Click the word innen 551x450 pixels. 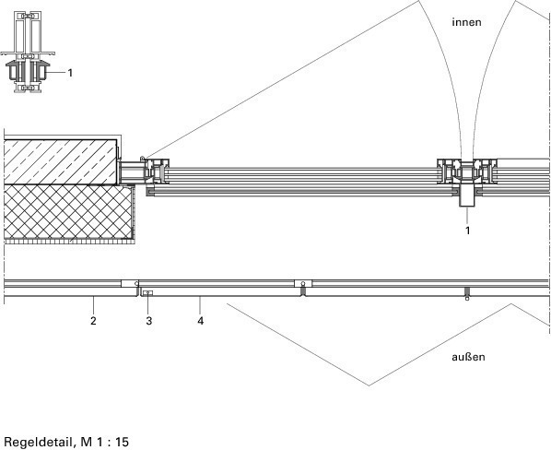[x=466, y=22]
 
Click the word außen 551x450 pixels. [x=468, y=357]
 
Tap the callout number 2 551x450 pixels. [x=93, y=321]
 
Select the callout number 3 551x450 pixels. [x=149, y=321]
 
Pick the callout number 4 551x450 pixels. [x=200, y=321]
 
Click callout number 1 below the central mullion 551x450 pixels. [x=467, y=231]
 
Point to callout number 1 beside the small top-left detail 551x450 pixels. [x=70, y=73]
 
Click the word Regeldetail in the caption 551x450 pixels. [x=39, y=442]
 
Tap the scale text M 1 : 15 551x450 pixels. [x=105, y=442]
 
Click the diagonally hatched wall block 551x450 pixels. [x=61, y=162]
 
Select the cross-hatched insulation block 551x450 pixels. [x=69, y=212]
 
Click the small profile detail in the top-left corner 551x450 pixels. [x=28, y=52]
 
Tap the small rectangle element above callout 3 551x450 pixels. [x=148, y=292]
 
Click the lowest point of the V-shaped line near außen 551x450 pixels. [x=369, y=385]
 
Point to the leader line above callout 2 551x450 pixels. [x=93, y=305]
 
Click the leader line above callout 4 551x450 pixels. [x=200, y=305]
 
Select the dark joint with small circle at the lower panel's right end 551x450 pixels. [x=467, y=293]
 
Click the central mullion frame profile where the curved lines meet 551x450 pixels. [x=467, y=172]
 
